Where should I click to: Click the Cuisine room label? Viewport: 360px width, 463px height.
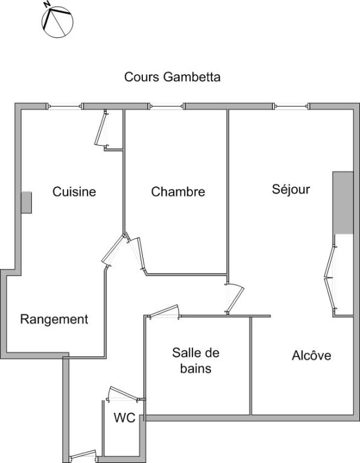(74, 192)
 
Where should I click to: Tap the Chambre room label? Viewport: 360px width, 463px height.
(178, 192)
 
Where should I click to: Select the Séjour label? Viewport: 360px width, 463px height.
(291, 189)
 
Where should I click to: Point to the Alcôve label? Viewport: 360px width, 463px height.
(311, 355)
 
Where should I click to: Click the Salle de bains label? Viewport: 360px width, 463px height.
(196, 361)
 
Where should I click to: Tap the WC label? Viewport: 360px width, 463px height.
(124, 418)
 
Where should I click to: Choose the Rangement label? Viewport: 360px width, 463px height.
(54, 320)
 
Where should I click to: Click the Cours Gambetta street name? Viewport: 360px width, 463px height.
(172, 77)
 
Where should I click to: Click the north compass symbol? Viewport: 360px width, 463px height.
(57, 21)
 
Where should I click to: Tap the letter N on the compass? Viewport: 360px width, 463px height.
(46, 4)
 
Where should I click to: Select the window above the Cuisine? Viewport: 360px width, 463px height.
(65, 106)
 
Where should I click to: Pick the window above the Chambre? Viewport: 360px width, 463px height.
(166, 106)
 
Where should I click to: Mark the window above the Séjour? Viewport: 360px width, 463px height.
(291, 106)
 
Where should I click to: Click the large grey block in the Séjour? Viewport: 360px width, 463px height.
(343, 203)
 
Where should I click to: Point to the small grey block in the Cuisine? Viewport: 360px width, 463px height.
(27, 203)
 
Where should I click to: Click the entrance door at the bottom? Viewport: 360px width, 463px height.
(83, 456)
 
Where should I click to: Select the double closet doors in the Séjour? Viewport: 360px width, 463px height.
(330, 277)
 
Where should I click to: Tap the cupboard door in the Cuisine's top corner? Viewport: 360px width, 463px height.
(101, 129)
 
